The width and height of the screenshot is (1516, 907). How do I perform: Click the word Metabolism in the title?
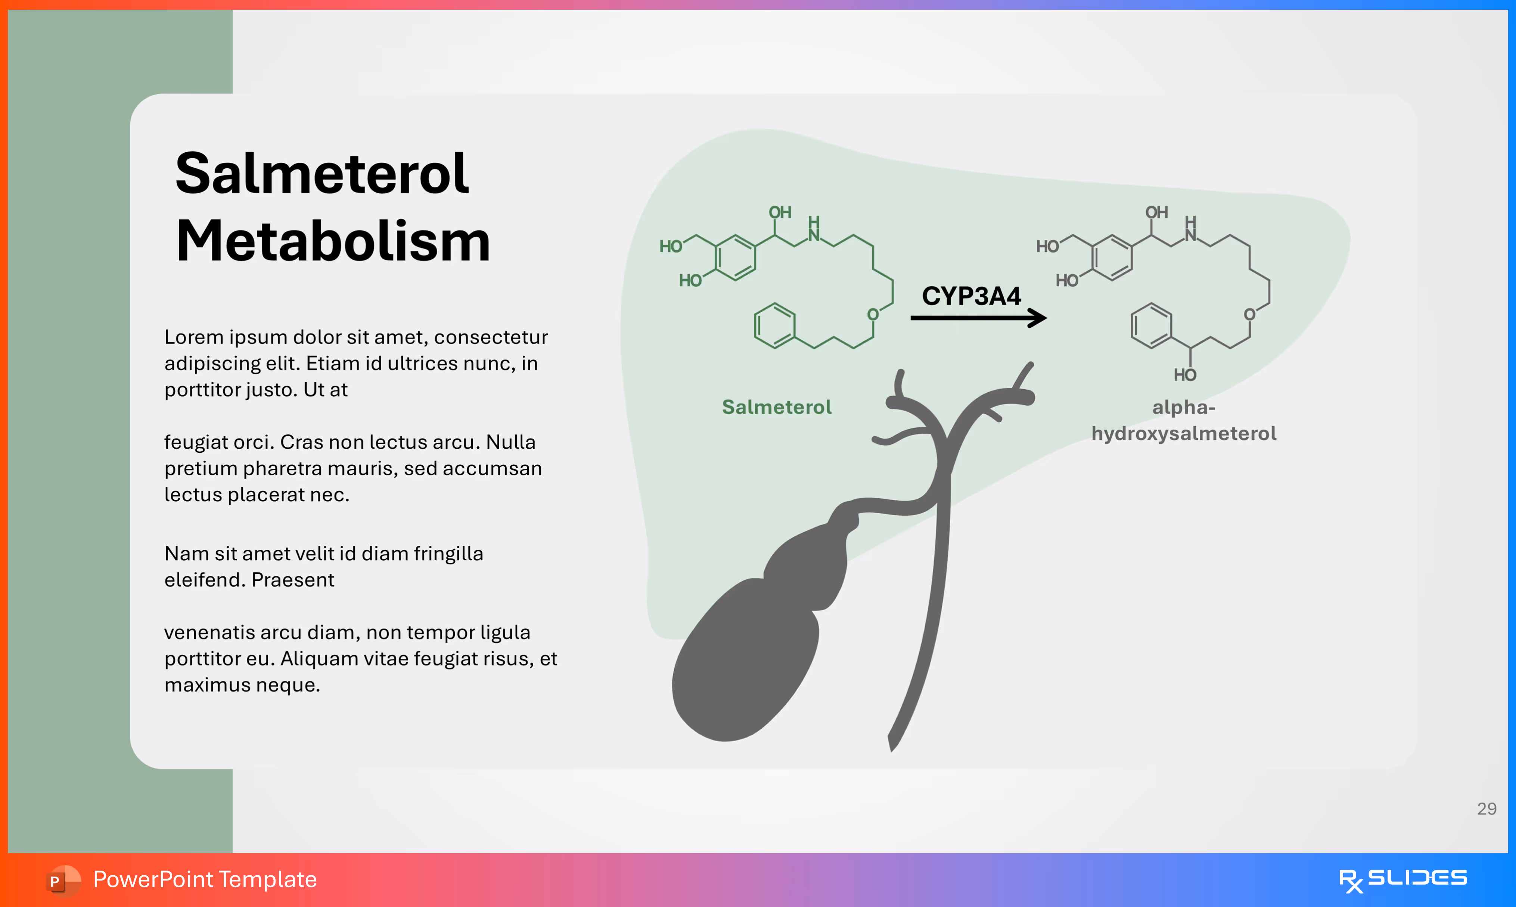333,241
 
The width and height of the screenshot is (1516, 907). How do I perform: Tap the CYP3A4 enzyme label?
971,296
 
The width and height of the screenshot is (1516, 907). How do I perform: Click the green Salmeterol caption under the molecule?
776,407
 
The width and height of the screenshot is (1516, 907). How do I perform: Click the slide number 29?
1486,808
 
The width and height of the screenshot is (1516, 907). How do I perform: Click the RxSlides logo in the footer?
1402,879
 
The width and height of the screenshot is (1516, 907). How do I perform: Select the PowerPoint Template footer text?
205,879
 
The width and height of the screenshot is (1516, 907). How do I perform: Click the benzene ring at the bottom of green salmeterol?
774,326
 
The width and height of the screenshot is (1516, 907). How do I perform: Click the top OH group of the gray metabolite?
1156,213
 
